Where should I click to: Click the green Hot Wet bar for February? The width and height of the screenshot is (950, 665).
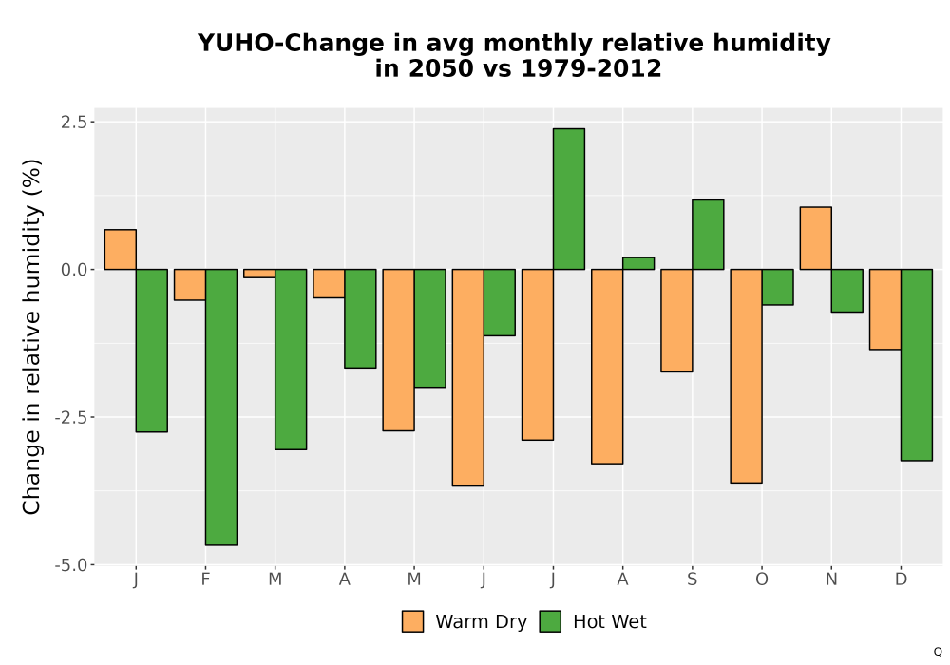[x=221, y=407]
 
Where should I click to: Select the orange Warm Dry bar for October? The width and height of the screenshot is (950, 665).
[x=746, y=376]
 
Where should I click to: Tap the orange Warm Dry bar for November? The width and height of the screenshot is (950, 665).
[x=815, y=238]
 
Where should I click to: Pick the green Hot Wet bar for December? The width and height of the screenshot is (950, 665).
[x=917, y=365]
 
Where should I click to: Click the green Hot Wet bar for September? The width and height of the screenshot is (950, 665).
[x=708, y=235]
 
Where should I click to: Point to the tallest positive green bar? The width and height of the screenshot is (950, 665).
[x=569, y=199]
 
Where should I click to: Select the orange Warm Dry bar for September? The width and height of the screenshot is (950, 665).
[x=676, y=320]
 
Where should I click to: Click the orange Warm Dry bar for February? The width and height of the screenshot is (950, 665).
[x=190, y=285]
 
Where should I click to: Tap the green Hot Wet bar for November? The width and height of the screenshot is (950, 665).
[x=847, y=291]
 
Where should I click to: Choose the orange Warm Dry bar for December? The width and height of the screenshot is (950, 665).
[x=885, y=310]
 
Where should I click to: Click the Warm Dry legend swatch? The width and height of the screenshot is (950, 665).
[x=412, y=621]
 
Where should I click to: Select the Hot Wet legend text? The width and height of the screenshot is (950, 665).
[x=610, y=622]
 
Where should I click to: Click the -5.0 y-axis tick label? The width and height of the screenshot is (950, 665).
[x=74, y=565]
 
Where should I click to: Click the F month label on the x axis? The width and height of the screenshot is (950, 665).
[x=205, y=579]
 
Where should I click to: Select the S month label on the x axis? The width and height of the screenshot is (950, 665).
[x=692, y=579]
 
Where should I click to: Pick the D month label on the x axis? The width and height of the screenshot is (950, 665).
[x=901, y=579]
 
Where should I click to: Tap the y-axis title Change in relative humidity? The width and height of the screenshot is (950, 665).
[x=31, y=336]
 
